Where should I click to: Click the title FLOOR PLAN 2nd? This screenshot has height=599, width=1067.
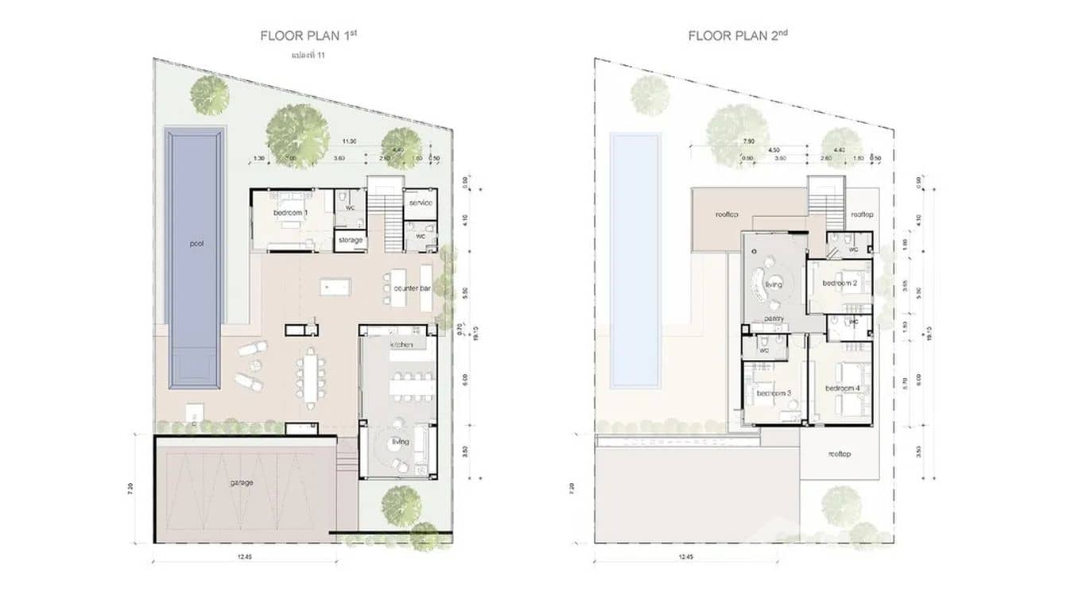coord(738,36)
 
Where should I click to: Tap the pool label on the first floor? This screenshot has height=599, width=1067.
coord(196,244)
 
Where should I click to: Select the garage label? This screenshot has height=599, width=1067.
coord(242,481)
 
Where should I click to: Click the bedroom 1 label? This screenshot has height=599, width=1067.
coord(291,214)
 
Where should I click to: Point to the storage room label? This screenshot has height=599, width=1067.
coord(350,240)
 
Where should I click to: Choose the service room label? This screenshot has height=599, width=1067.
coord(421,203)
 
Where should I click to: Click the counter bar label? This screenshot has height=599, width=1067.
coord(412,289)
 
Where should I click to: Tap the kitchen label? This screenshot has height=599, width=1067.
coord(401,346)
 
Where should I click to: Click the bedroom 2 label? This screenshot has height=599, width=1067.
coord(839,283)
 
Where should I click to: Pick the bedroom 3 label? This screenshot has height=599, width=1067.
coord(772,393)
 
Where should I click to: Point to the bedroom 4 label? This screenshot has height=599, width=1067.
coord(842,388)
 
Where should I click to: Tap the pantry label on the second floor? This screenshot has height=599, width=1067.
coord(774,319)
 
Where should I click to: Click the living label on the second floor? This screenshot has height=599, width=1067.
coord(774,284)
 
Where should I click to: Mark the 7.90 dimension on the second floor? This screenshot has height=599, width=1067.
coord(747,141)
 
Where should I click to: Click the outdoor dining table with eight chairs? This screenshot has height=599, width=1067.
coord(310,379)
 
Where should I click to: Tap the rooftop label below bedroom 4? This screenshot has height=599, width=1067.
coord(840,454)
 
